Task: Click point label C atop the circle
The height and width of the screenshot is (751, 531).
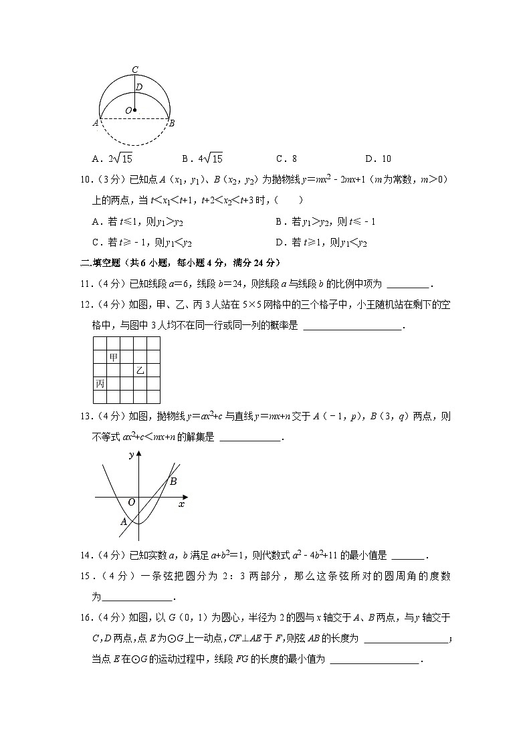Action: point(135,70)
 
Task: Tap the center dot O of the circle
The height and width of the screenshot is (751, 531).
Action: point(134,110)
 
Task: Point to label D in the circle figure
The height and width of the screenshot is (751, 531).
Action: point(139,87)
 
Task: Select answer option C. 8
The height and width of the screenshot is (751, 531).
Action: point(286,158)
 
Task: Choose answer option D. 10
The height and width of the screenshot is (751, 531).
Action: point(378,158)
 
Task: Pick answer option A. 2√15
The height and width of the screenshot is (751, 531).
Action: point(112,158)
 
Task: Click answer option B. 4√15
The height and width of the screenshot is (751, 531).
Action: point(202,158)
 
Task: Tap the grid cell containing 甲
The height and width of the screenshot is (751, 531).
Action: point(114,357)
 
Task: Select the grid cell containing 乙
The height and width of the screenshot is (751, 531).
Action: point(140,370)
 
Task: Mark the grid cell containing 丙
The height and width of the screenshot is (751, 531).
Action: point(100,383)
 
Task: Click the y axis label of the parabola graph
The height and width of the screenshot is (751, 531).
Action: point(130,455)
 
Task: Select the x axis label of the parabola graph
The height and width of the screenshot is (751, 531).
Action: point(181,504)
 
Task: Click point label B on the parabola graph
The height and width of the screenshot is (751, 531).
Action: point(173,481)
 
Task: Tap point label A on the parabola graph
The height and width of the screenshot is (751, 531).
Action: point(124,522)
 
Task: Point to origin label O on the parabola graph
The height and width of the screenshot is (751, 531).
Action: point(131,502)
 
